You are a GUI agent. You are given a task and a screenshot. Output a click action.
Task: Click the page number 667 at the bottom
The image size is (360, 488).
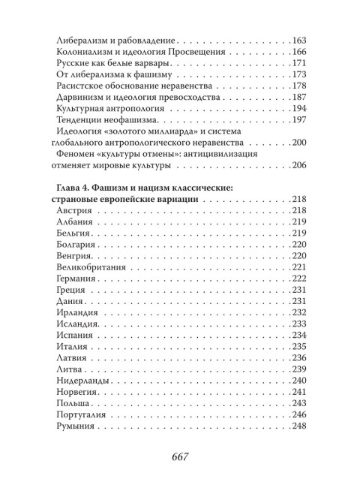click(180, 456)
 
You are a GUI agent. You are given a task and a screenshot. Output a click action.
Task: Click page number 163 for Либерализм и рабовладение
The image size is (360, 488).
click(298, 40)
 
